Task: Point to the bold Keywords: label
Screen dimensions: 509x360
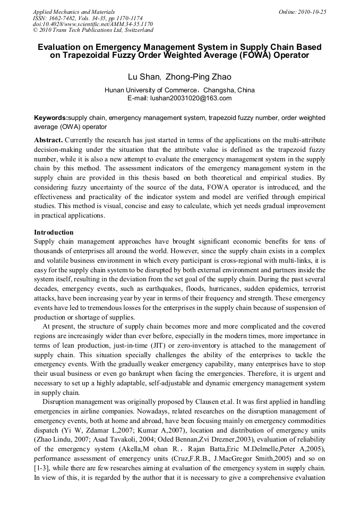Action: [51, 117]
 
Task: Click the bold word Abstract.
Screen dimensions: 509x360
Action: [48, 140]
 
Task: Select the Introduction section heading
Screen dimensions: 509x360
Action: [54, 232]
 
